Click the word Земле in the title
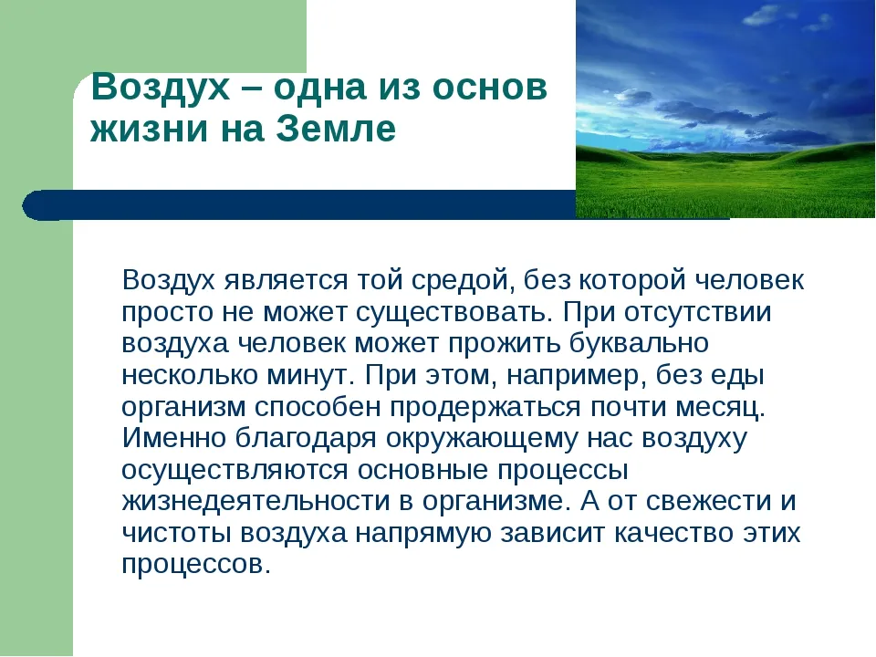(x=336, y=128)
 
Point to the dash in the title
(x=251, y=89)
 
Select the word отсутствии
(x=698, y=312)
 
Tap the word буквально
(x=639, y=342)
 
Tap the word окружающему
(x=482, y=440)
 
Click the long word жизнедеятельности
(x=255, y=501)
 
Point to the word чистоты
(x=176, y=533)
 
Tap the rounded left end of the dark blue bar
(x=26, y=205)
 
